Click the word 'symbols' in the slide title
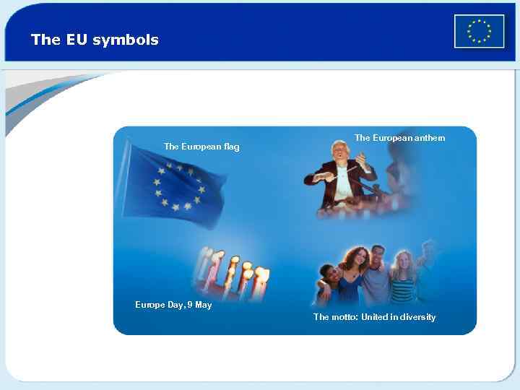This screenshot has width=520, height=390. coord(126,40)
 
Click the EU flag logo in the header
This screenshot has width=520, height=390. coord(479,31)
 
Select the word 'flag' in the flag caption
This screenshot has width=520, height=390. coord(231,147)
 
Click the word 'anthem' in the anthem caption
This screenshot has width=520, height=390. coord(430,138)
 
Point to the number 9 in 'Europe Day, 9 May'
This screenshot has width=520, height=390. coord(188,305)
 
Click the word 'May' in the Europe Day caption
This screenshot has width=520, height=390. coord(203,305)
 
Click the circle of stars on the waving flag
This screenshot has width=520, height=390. coord(178,187)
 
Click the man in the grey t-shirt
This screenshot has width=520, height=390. coord(376,278)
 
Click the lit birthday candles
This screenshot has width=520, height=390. coord(231,271)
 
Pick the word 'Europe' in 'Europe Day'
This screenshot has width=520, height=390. coord(149,305)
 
